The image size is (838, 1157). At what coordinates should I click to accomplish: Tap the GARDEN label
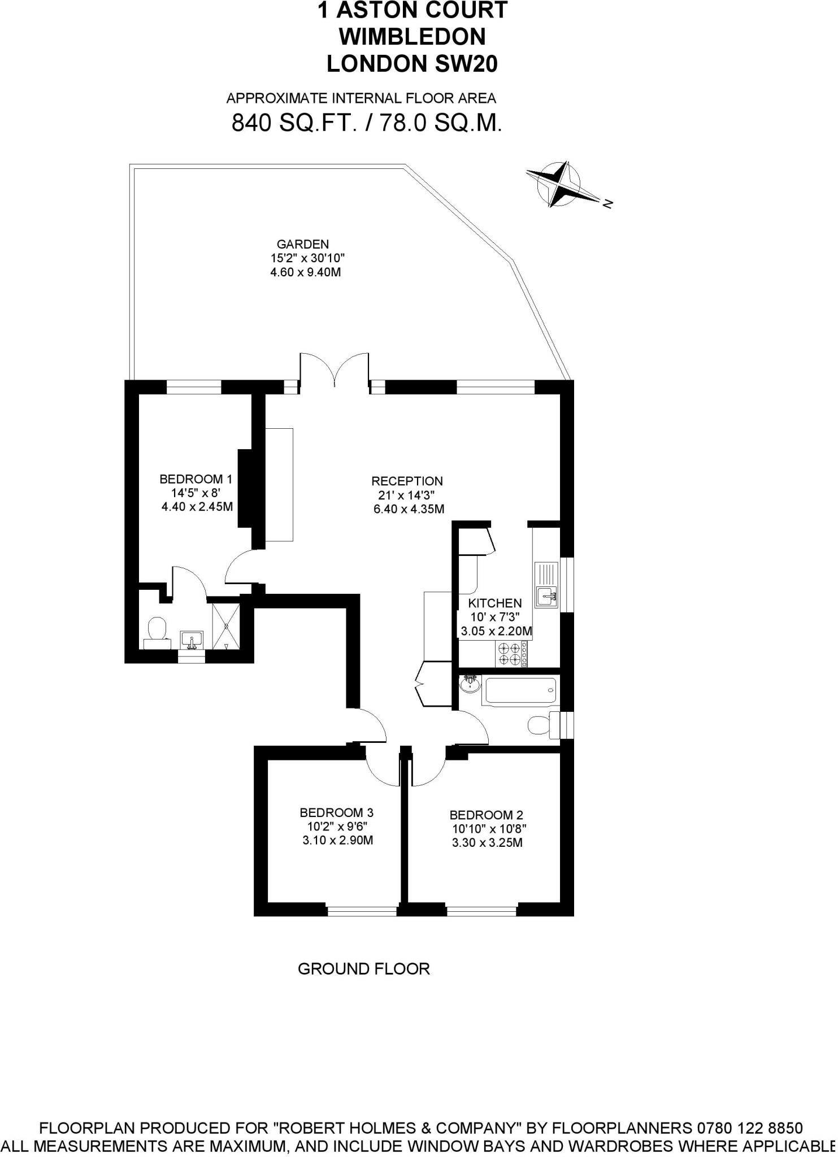tap(303, 245)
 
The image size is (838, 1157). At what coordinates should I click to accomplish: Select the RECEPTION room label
tap(407, 481)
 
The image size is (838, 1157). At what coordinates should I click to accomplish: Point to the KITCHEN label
tap(495, 603)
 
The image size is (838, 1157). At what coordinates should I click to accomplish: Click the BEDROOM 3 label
tap(337, 813)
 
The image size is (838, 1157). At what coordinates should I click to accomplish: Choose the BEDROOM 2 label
tap(487, 815)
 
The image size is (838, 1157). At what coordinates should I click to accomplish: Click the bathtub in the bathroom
tap(520, 690)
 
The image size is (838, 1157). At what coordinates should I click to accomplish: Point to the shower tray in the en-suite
tap(226, 627)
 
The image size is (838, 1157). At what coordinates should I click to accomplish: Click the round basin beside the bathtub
tap(470, 685)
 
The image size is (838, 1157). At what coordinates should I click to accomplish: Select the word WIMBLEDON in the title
tap(412, 37)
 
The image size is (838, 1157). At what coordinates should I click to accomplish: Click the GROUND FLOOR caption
tap(364, 969)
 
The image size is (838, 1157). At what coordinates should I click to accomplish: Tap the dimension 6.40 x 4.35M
tap(409, 509)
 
